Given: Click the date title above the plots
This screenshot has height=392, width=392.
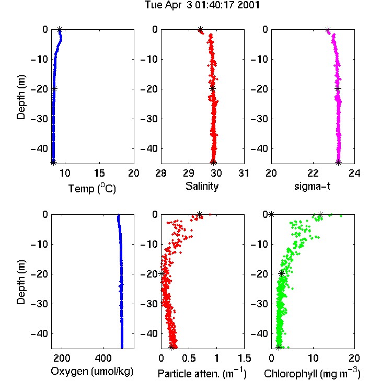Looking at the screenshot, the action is [202, 5].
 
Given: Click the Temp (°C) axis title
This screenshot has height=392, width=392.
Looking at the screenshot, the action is [92, 188].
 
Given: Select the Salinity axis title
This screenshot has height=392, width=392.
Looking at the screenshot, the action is [202, 186].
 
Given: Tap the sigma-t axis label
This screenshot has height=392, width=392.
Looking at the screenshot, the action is [312, 186].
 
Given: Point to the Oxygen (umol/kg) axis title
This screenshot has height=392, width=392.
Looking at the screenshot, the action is [92, 371].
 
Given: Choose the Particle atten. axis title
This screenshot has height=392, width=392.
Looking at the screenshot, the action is [202, 373].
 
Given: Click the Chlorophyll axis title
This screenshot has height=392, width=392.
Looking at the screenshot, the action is [312, 373].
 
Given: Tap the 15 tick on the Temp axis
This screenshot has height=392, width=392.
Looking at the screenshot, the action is [99, 173].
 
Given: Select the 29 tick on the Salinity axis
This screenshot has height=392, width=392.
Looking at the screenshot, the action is [189, 173].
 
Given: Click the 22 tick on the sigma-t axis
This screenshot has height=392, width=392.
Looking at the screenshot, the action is [313, 173].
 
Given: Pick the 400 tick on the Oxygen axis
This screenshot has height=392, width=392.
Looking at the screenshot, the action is [103, 358].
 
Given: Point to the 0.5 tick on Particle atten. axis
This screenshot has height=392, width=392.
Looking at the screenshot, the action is [189, 358].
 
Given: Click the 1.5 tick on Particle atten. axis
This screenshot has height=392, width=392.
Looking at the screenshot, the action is [245, 358].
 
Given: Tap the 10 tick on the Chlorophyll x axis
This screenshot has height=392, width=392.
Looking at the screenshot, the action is [313, 358].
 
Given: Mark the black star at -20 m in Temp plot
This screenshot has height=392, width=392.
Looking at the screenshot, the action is [54, 88].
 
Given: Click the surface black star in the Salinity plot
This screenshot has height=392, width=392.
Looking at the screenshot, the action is [200, 29].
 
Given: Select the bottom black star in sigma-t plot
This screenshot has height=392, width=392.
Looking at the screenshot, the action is [338, 162].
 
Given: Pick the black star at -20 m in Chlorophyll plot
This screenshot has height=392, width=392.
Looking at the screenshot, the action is [282, 274].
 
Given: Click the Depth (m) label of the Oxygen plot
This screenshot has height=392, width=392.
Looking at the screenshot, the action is [21, 282].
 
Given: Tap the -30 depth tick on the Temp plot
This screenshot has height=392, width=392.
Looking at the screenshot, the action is [39, 119].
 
